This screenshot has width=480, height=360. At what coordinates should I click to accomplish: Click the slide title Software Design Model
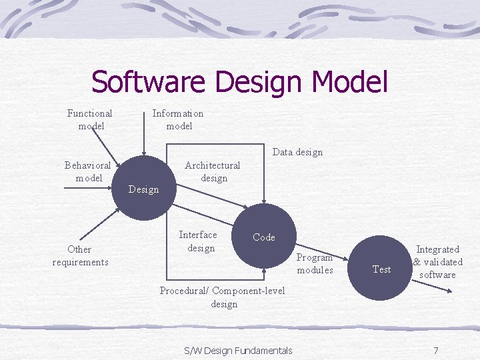[x=239, y=82]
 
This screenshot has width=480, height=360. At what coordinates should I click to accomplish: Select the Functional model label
[x=90, y=119]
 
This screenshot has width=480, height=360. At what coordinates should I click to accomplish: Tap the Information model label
[x=178, y=119]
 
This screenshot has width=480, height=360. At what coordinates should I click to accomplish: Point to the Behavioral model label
[x=89, y=171]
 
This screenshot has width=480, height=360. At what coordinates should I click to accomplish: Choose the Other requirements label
[x=80, y=255]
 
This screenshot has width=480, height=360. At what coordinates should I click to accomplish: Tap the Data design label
[x=297, y=152]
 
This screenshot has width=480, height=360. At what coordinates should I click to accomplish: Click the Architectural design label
[x=213, y=171]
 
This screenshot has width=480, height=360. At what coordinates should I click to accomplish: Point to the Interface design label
[x=198, y=241]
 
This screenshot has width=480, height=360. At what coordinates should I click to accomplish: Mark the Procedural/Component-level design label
[x=223, y=297]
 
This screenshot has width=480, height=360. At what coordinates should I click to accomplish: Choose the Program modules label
[x=315, y=263]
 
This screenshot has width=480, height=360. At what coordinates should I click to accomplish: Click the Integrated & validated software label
[x=437, y=262]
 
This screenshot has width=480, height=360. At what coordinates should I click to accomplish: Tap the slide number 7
[x=435, y=351]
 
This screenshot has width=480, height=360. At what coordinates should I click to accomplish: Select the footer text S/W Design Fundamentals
[x=238, y=351]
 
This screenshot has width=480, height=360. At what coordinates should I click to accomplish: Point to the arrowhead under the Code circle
[x=265, y=271]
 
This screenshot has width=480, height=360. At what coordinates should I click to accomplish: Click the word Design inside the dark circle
[x=143, y=189]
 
